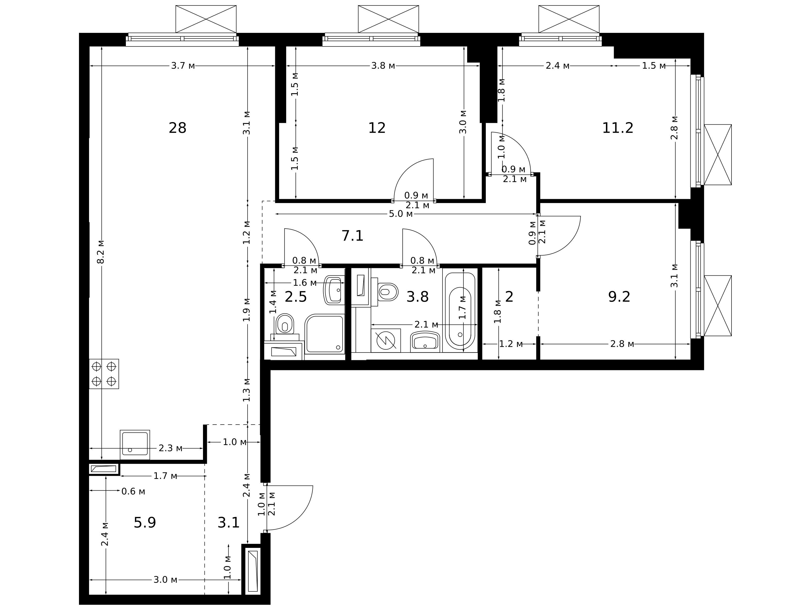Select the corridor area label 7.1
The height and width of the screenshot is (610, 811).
point(352,236)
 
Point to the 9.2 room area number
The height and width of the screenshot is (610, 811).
point(619,297)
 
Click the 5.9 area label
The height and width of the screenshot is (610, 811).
point(145,523)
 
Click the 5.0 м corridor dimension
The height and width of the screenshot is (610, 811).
point(401,214)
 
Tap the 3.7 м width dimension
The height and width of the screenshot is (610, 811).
point(183,66)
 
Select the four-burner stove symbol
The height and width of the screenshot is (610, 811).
point(104,374)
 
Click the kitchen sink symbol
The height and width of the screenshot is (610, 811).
point(135,445)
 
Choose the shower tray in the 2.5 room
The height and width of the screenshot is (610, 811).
point(325,334)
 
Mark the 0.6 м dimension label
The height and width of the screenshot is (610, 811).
point(133,491)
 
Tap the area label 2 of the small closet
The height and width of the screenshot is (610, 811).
point(509,297)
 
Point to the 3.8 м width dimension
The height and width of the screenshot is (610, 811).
point(383,66)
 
